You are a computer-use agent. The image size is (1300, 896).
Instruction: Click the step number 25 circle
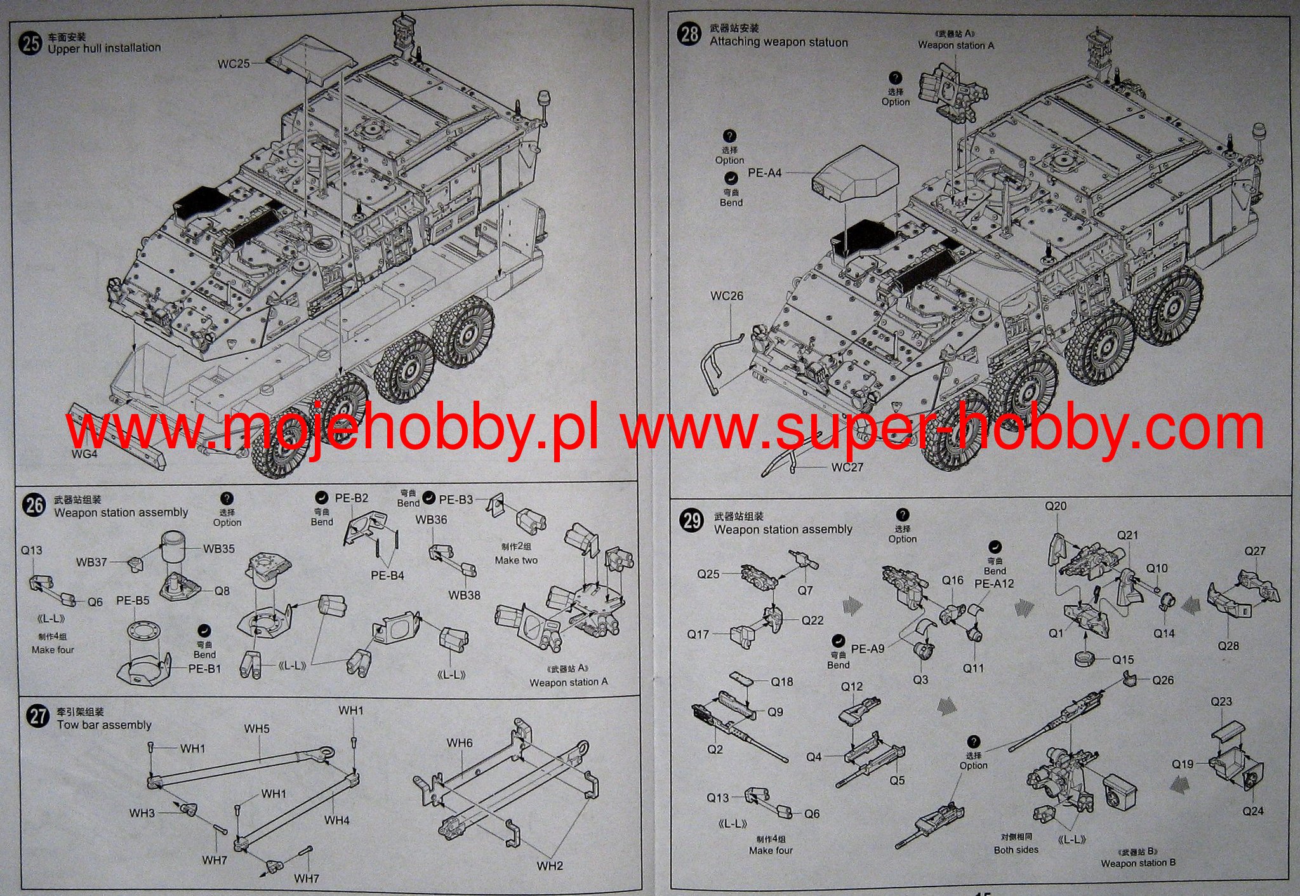pyautogui.click(x=30, y=43)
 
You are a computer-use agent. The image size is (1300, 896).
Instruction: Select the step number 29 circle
pyautogui.click(x=691, y=521)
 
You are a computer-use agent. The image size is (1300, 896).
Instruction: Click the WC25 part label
pyautogui.click(x=234, y=64)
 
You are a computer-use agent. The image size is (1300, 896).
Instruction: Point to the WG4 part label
pyautogui.click(x=84, y=454)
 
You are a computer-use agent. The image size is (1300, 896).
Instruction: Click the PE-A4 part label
pyautogui.click(x=764, y=173)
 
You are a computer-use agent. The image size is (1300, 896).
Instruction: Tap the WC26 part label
pyautogui.click(x=727, y=296)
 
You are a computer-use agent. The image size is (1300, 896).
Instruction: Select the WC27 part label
pyautogui.click(x=847, y=467)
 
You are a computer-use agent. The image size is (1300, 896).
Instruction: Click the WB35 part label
pyautogui.click(x=218, y=549)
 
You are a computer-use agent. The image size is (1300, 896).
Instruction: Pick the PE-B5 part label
pyautogui.click(x=133, y=600)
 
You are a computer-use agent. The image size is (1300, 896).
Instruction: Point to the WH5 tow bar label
pyautogui.click(x=256, y=728)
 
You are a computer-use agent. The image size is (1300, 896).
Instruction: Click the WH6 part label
pyautogui.click(x=459, y=742)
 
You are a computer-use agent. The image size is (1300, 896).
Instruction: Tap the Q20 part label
pyautogui.click(x=1056, y=506)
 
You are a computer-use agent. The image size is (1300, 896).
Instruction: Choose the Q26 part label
pyautogui.click(x=1163, y=680)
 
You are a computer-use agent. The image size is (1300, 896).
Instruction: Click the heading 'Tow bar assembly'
pyautogui.click(x=104, y=725)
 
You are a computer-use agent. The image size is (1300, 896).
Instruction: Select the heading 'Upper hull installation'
pyautogui.click(x=104, y=48)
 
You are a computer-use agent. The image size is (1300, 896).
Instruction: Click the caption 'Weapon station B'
pyautogui.click(x=1138, y=863)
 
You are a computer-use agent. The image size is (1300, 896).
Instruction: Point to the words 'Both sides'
pyautogui.click(x=1016, y=850)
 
